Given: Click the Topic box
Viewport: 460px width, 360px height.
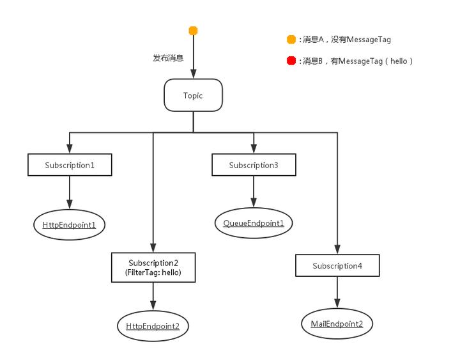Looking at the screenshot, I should (x=193, y=95).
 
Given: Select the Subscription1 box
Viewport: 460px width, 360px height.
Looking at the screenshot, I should (x=70, y=165).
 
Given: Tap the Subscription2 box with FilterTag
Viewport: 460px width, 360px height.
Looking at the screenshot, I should (x=153, y=267).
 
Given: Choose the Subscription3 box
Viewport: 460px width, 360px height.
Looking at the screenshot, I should (x=254, y=165).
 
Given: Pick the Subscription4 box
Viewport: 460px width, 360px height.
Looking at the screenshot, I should (x=337, y=265).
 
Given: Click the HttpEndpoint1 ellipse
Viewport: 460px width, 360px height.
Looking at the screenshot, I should (x=69, y=224).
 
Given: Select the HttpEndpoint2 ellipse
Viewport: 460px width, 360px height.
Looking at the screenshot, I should (x=153, y=326).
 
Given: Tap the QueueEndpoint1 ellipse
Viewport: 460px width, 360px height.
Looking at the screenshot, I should (x=254, y=223).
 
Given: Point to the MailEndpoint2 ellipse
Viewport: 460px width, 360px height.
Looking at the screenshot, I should (x=337, y=324).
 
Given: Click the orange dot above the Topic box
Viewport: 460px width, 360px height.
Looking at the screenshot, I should (x=193, y=31).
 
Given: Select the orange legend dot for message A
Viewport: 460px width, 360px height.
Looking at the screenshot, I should (x=291, y=40).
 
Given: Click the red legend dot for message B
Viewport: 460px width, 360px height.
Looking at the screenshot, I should (x=291, y=61).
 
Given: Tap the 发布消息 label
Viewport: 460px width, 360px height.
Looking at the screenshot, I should (x=168, y=58).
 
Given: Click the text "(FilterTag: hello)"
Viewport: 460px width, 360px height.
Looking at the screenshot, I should (x=153, y=272).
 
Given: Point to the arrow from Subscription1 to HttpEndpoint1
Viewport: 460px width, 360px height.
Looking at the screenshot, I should (x=70, y=191).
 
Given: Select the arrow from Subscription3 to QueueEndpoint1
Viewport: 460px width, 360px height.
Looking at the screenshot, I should (x=254, y=190).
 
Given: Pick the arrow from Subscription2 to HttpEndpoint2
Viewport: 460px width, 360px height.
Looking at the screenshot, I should (x=153, y=296).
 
